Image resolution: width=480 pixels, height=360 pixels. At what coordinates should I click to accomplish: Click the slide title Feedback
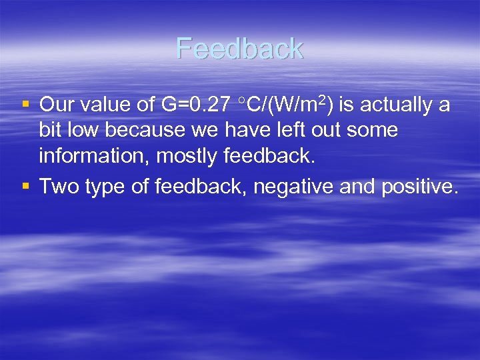click(240, 49)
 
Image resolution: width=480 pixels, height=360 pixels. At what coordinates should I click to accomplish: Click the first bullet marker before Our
click(25, 104)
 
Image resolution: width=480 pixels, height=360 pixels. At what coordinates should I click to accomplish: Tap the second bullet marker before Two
click(25, 186)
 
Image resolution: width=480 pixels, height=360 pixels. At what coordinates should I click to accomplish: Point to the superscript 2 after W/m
click(323, 101)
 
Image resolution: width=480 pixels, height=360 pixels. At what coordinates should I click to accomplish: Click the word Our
click(59, 105)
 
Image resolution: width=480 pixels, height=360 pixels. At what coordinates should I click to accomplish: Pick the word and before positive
click(357, 187)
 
